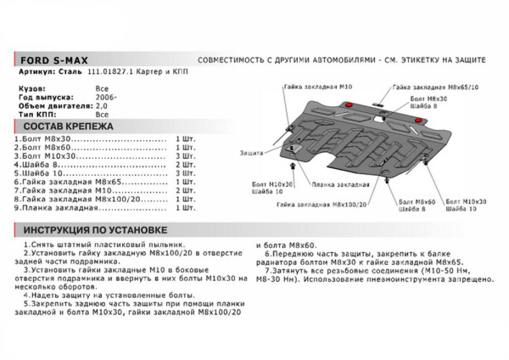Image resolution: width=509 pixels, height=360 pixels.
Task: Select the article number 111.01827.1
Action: (x=98, y=74)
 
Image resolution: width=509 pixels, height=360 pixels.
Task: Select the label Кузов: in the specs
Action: (x=32, y=87)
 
